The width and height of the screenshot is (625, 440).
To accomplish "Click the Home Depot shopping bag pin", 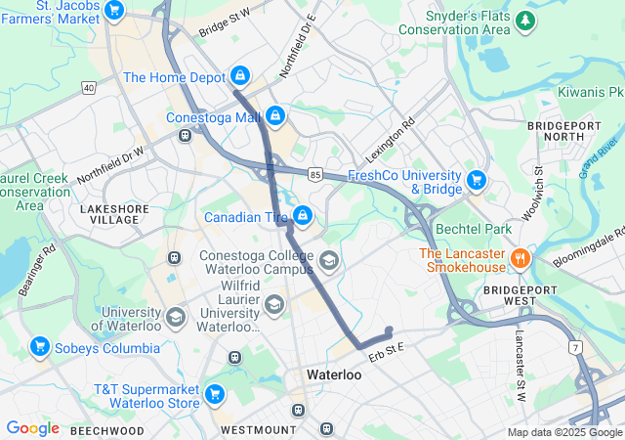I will [240, 75].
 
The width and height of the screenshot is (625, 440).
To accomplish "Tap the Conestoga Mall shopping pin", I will [275, 116].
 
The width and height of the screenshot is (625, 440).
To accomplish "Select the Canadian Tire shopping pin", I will [304, 214].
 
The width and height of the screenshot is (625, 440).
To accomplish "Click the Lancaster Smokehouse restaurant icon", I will [520, 259].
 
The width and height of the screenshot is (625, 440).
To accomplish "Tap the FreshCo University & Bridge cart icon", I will [477, 180].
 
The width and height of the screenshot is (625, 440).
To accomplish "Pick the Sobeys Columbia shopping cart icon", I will [40, 346].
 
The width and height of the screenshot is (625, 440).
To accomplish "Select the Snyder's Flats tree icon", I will [526, 20].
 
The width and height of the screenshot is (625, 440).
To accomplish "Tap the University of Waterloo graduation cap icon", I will [176, 317].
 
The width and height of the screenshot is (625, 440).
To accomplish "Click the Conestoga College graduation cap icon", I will [329, 260].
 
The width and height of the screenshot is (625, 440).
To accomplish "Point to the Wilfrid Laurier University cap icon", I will [274, 306].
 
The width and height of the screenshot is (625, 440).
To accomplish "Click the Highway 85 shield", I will [313, 174].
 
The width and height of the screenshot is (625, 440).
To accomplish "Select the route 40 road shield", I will [89, 88].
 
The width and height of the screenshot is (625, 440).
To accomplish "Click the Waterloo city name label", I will [334, 374].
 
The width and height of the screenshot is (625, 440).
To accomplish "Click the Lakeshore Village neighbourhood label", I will [109, 213].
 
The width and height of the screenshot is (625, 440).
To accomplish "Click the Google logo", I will [32, 428].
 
